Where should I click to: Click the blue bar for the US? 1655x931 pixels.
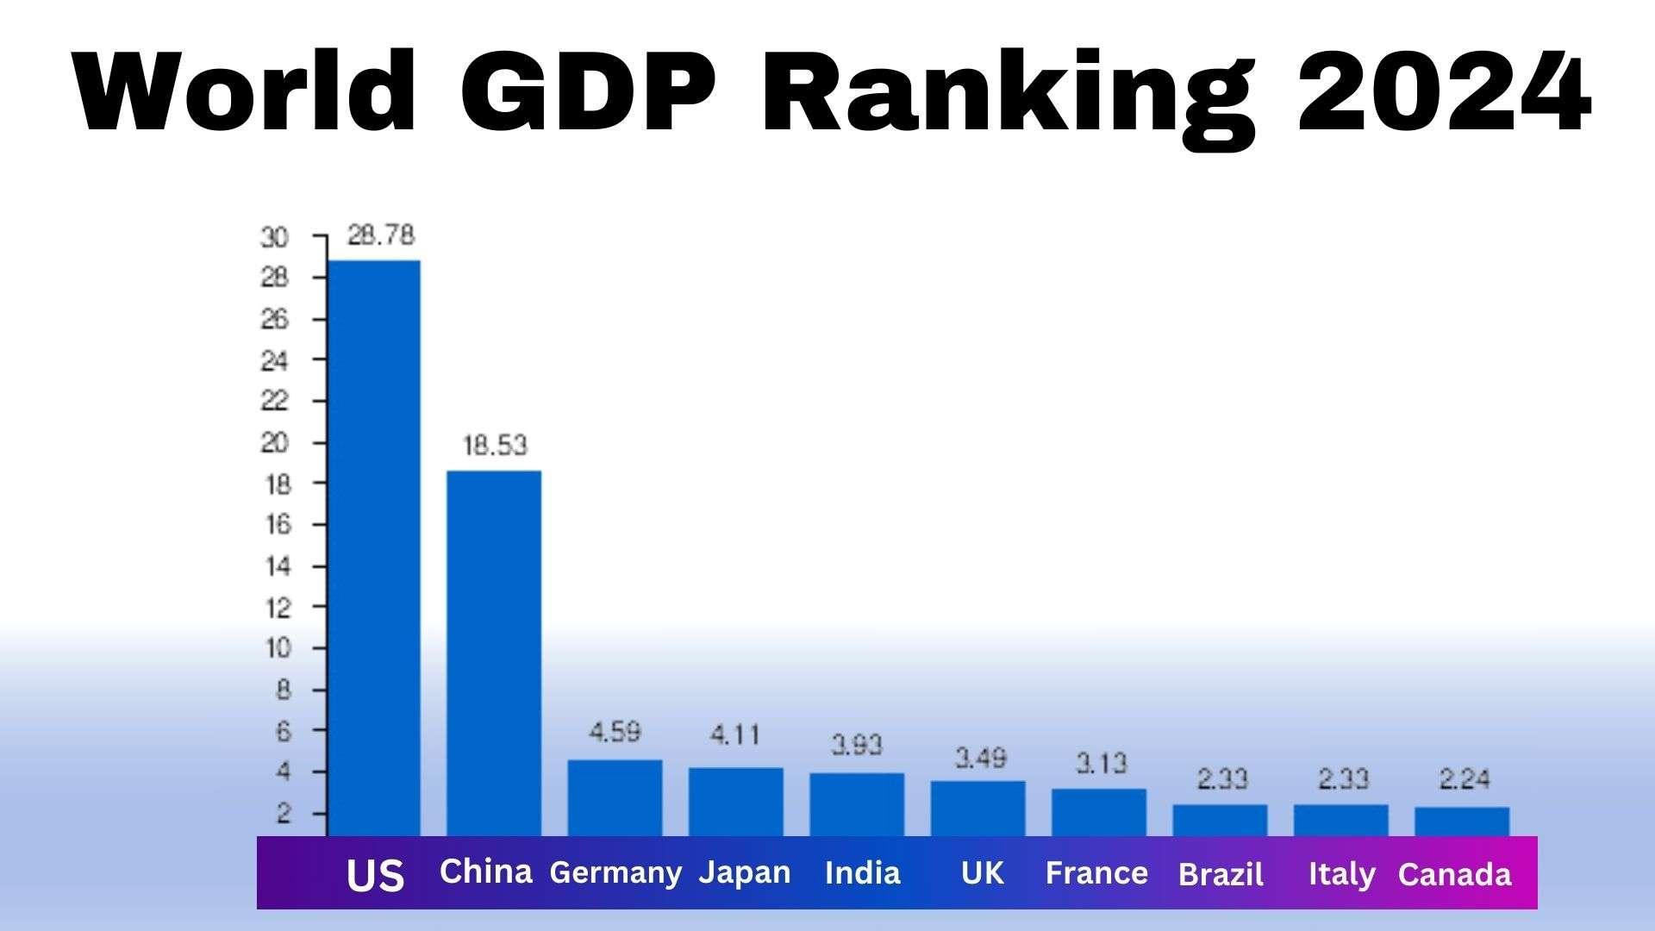374,547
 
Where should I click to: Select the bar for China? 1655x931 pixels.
494,653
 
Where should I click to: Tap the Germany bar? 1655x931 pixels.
615,797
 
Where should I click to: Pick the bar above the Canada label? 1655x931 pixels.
1462,821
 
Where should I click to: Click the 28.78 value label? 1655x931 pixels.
381,235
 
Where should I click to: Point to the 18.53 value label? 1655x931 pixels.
495,446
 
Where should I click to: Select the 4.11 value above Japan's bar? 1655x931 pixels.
735,734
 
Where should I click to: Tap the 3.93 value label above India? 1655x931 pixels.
857,745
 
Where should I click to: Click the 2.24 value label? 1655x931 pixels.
1465,779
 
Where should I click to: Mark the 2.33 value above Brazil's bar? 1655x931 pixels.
1222,779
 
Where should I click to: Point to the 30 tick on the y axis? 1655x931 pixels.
274,237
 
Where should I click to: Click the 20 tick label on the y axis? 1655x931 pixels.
274,443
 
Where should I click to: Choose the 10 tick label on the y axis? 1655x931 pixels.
277,648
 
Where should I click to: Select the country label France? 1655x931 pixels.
1096,873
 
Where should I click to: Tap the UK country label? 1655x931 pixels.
983,873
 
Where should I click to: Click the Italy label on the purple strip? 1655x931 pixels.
1341,874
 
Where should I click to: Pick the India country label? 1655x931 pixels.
862,873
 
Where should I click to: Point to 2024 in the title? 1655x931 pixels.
1443,91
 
